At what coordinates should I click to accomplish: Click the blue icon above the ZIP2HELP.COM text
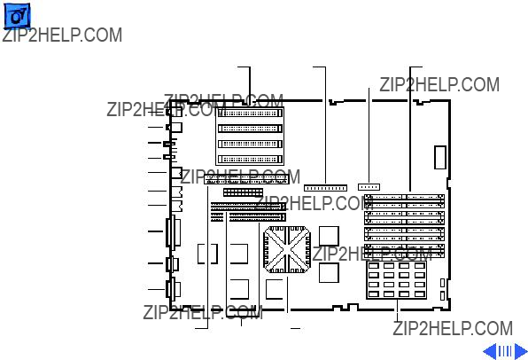tap(17, 16)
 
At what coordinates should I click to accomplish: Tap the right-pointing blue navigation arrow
tap(521, 351)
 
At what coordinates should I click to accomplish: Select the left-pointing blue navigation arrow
tap(490, 351)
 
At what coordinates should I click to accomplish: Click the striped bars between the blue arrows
tap(505, 351)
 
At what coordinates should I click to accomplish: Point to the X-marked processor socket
tap(287, 249)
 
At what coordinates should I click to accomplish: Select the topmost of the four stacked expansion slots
tap(250, 113)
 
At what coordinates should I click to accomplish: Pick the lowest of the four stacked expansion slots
tap(250, 159)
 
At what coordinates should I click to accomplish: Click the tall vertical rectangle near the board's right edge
tap(439, 158)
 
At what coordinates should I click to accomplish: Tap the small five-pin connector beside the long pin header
tap(369, 187)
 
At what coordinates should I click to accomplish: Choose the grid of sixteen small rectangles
tap(396, 280)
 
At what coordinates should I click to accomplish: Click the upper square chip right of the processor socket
tap(329, 236)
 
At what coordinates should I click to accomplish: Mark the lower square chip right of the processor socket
tap(329, 273)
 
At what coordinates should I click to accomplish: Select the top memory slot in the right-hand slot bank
tap(404, 201)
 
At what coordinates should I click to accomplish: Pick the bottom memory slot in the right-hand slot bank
tap(404, 251)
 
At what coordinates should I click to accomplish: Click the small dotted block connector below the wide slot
tap(243, 192)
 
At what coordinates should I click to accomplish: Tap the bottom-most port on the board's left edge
tap(173, 289)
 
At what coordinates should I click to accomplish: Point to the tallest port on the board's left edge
tap(173, 232)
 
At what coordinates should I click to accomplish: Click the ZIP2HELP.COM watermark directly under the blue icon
tap(62, 35)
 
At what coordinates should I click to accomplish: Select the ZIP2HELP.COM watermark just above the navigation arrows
tap(453, 328)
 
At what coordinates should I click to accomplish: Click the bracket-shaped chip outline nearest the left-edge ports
tap(207, 254)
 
